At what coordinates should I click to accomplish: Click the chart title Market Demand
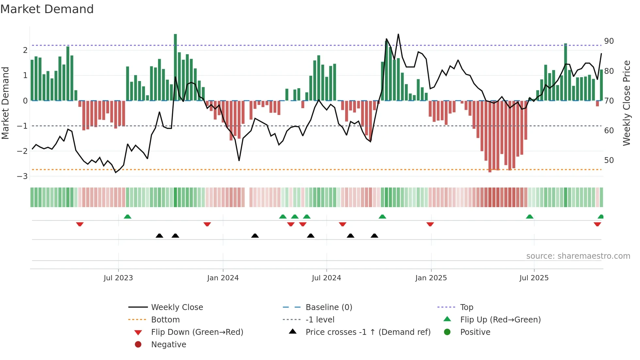click(47, 9)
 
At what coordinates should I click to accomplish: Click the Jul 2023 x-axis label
click(118, 278)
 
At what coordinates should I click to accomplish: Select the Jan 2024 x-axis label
click(223, 278)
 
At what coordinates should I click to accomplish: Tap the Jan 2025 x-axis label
click(431, 278)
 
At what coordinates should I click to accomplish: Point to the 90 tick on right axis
click(609, 41)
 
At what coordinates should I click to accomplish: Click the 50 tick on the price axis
click(609, 160)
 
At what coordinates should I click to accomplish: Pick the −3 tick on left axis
click(23, 176)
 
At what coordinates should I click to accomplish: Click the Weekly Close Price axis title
click(626, 103)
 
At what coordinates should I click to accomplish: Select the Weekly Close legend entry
click(177, 307)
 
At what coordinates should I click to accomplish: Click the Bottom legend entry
click(165, 320)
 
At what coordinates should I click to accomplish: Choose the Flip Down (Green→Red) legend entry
click(197, 332)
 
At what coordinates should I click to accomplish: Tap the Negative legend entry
click(168, 345)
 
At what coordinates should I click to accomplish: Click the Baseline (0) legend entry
click(328, 307)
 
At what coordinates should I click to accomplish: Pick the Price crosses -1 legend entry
click(368, 332)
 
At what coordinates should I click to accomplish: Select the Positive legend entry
click(475, 332)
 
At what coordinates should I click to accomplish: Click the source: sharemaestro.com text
click(578, 256)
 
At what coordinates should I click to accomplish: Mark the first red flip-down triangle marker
click(80, 224)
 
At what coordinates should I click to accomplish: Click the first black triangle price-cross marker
click(159, 236)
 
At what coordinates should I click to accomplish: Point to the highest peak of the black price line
click(398, 34)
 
